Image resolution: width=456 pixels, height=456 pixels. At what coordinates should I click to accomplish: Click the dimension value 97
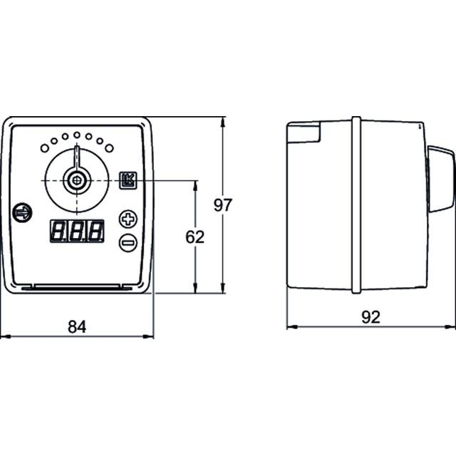(x=223, y=205)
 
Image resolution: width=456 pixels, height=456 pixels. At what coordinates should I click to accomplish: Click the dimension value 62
(x=195, y=237)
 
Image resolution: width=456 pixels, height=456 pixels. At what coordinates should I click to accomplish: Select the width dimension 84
(x=77, y=326)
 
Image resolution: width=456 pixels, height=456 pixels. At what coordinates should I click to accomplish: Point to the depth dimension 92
(x=370, y=317)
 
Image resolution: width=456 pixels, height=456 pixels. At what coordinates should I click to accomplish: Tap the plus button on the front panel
(x=128, y=219)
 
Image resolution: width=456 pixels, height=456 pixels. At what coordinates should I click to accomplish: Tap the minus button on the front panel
(x=128, y=242)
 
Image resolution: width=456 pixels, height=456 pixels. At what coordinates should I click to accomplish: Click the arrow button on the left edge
(x=22, y=212)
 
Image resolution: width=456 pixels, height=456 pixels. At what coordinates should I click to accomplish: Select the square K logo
(x=128, y=180)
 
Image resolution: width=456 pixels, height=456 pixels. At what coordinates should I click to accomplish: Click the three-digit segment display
(x=77, y=231)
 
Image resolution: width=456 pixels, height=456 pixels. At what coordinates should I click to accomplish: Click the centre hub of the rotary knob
(x=77, y=180)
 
